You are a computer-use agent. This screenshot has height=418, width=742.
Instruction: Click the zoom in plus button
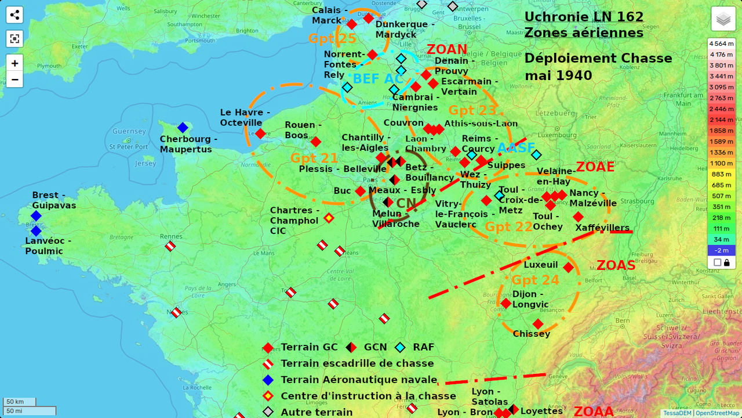coord(14,63)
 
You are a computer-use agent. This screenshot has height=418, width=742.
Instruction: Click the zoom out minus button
coord(14,79)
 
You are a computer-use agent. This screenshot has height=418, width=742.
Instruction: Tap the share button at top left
coord(14,15)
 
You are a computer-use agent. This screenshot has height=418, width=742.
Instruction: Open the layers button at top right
coord(723,19)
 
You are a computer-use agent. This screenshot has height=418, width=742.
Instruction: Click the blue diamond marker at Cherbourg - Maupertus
coord(183,128)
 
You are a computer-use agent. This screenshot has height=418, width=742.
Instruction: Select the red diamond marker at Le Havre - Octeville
coord(260,134)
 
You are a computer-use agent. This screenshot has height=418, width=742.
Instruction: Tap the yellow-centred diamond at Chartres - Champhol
coord(329,218)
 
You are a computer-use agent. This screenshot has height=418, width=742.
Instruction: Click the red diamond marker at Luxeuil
coord(568,268)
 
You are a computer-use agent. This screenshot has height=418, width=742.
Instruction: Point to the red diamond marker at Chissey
coord(538,324)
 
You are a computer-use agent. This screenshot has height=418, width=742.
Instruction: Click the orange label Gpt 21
coord(314,158)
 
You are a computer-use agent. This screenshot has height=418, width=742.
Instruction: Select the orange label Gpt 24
coord(535,280)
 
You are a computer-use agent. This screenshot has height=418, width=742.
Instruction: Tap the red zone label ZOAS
coord(616,265)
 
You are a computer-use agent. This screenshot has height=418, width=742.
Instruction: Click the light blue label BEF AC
coord(378,79)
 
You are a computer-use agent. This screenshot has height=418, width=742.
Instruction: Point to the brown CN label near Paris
coord(406,203)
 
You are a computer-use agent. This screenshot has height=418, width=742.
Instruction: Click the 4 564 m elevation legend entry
coord(721,44)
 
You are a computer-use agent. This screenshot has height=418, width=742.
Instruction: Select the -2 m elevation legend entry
coord(721,250)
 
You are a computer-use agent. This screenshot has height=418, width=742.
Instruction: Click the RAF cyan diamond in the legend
coord(400,348)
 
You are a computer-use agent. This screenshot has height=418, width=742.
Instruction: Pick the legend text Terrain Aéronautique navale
coord(358,380)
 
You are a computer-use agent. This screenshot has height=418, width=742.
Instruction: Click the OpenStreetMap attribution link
coord(717,413)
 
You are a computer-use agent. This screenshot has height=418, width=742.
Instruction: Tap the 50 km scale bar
coord(19,402)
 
